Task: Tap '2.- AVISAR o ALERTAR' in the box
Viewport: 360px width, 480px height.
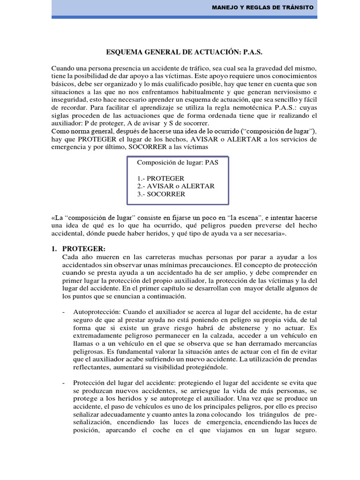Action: (x=176, y=186)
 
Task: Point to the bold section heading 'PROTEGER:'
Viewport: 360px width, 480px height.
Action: (x=84, y=248)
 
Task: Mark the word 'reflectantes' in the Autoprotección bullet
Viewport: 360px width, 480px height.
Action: (x=93, y=367)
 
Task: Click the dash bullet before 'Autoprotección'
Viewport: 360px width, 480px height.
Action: (x=64, y=312)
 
